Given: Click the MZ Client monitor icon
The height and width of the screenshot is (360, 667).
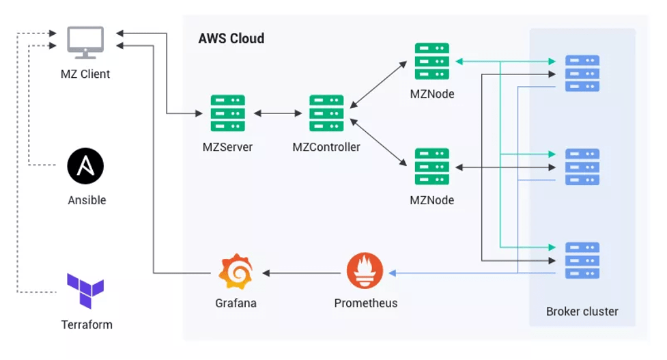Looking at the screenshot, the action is pos(85,42).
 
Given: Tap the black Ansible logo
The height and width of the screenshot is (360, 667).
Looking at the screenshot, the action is pos(85,166).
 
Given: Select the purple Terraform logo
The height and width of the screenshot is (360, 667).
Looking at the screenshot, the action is pos(85,290).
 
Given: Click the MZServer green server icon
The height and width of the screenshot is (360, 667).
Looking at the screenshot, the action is pos(227,113).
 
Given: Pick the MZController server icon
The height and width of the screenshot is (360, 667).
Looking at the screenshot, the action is pos(326,113).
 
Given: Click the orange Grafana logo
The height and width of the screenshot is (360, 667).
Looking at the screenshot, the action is pos(236,271).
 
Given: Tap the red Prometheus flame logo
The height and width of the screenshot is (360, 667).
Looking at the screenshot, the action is pos(365,271).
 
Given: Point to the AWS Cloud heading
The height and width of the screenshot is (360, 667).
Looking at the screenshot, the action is pos(231,38).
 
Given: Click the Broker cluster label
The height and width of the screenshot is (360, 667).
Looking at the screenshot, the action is pos(582,311).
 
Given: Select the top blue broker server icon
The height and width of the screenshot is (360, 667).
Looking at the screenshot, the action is pos(582,73).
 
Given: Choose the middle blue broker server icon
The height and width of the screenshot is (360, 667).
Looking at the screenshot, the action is pos(582,167).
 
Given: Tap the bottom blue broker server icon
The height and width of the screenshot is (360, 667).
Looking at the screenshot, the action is pos(582,260).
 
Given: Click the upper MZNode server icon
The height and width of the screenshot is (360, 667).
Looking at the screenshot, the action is pos(431,61).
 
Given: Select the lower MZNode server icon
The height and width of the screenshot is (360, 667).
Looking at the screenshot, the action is pos(431,167).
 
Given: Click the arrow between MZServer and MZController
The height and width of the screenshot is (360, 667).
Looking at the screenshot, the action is pos(277,113).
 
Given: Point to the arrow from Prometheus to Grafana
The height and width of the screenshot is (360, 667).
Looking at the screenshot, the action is pos(302,273).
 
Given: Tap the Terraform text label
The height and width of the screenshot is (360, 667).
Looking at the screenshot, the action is pos(87,324).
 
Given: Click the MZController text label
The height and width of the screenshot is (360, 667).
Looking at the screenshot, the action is pos(326,148).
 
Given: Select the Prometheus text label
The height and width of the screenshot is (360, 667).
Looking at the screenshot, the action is pos(366,303).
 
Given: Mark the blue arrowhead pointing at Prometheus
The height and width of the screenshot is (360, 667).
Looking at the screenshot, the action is pos(393,273).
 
